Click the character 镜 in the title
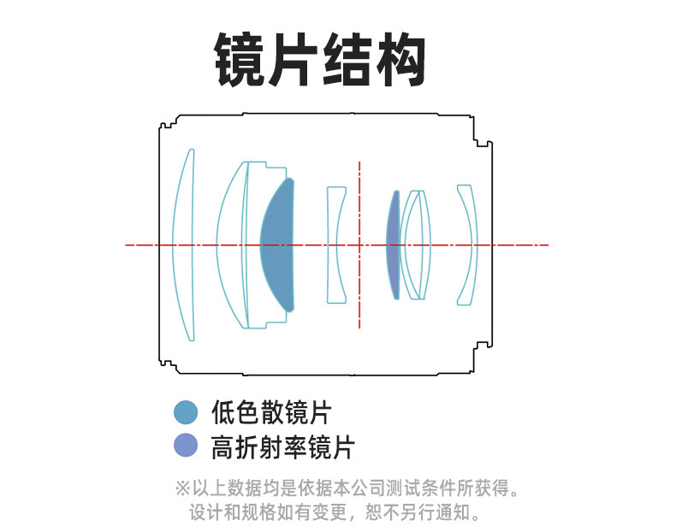point(241,59)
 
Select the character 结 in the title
point(348,59)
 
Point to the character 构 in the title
point(400,59)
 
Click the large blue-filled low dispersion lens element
point(279,245)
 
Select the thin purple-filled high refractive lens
point(394,245)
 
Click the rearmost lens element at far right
point(467,245)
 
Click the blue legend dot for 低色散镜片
point(185,412)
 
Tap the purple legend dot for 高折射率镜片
point(185,446)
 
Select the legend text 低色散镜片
point(270,413)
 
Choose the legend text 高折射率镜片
point(282,446)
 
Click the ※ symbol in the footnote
point(182,489)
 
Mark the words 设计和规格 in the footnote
point(226,513)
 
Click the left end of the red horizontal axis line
point(127,245)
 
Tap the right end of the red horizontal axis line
point(547,245)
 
